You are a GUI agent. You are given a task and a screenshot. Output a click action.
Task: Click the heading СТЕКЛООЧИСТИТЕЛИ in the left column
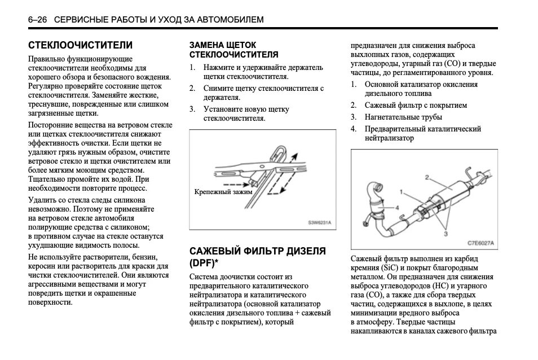[x=81, y=45]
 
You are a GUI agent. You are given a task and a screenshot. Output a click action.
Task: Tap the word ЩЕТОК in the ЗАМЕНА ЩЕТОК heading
[x=240, y=45]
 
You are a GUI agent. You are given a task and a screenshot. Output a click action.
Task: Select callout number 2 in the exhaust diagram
[x=427, y=177]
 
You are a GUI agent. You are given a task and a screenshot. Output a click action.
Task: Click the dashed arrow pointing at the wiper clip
[x=235, y=184]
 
